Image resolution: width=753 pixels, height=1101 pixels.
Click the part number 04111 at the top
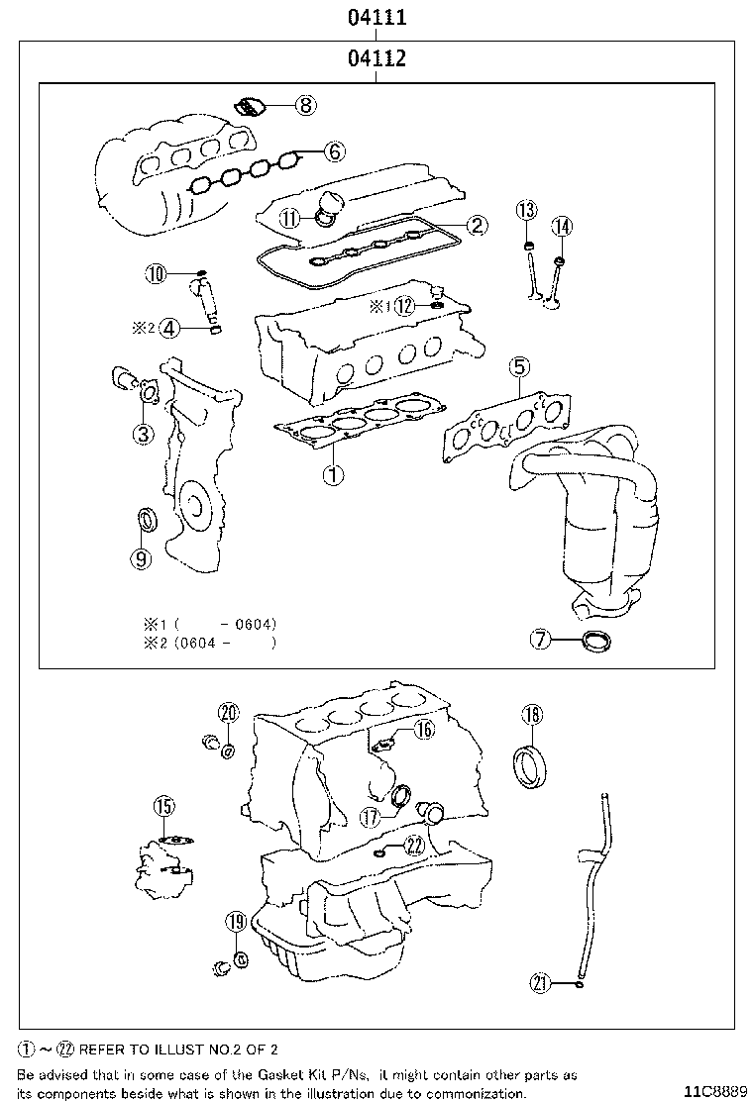376,17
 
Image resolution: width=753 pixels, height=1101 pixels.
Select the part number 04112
376,59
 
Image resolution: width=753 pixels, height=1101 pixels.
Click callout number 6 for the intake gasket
334,151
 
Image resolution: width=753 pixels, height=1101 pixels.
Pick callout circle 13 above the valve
526,209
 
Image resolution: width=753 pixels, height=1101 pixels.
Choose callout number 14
562,227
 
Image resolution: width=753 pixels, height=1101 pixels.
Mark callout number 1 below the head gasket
334,474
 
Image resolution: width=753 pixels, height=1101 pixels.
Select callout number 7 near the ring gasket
540,640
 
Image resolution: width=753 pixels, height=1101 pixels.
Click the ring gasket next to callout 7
596,642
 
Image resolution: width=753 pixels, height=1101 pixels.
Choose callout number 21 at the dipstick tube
540,982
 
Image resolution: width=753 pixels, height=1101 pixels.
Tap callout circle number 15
163,807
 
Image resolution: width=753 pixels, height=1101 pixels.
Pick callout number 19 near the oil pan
235,921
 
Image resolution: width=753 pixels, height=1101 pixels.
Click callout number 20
228,713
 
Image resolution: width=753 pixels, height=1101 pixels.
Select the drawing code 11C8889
713,1091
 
